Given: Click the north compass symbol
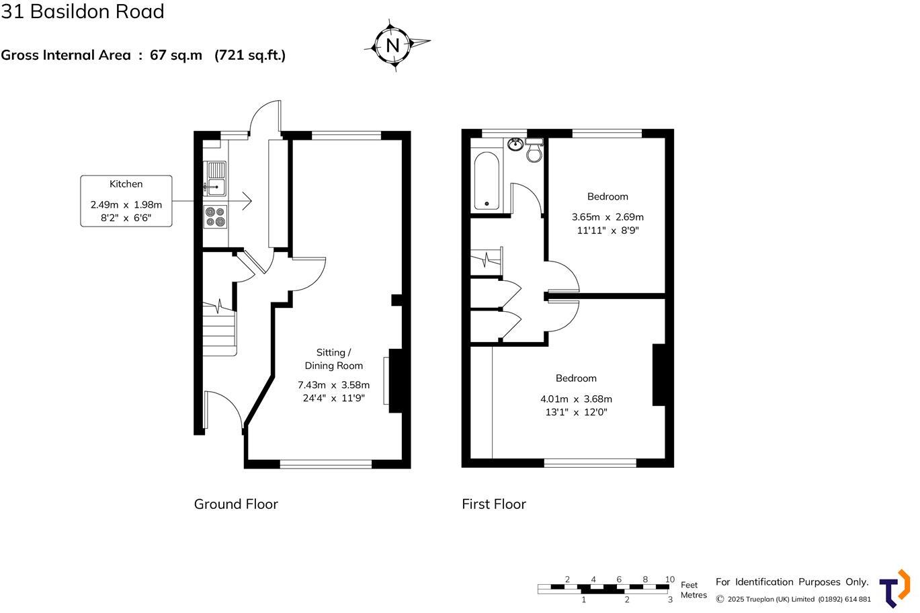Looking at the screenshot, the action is click(393, 46).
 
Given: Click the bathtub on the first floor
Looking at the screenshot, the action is click(486, 181).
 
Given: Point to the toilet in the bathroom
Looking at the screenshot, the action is click(535, 151).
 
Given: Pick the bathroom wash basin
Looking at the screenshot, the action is click(516, 144).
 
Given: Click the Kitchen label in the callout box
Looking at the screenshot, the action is click(126, 183).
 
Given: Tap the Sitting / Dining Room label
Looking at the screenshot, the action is click(333, 359).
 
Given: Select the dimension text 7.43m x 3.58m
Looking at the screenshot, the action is click(333, 385).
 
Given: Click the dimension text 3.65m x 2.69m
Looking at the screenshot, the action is click(608, 217).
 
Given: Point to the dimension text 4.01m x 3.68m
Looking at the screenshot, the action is click(576, 399).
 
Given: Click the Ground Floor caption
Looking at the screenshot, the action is click(236, 504).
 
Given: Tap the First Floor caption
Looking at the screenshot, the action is click(494, 504).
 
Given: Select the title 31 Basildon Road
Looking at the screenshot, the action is click(83, 11).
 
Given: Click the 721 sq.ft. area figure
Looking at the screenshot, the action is click(250, 55).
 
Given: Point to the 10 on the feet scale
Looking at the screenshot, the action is click(670, 579).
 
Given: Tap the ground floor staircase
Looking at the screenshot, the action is click(220, 329).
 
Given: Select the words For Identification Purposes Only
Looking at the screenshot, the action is click(792, 582).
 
